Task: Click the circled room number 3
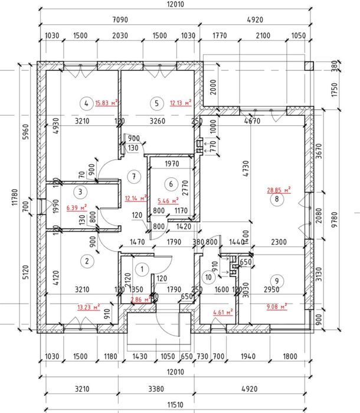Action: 78,191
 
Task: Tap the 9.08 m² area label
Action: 276,305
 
